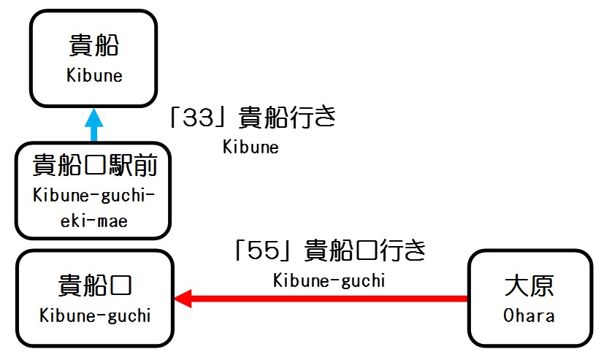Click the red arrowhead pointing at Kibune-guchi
[182, 298]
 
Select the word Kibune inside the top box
[93, 75]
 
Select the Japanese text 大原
[529, 286]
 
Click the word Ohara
[529, 315]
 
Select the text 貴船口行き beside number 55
[365, 250]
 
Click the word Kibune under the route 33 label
[250, 147]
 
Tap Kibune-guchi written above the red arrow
[329, 280]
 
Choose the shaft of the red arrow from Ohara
[329, 298]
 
